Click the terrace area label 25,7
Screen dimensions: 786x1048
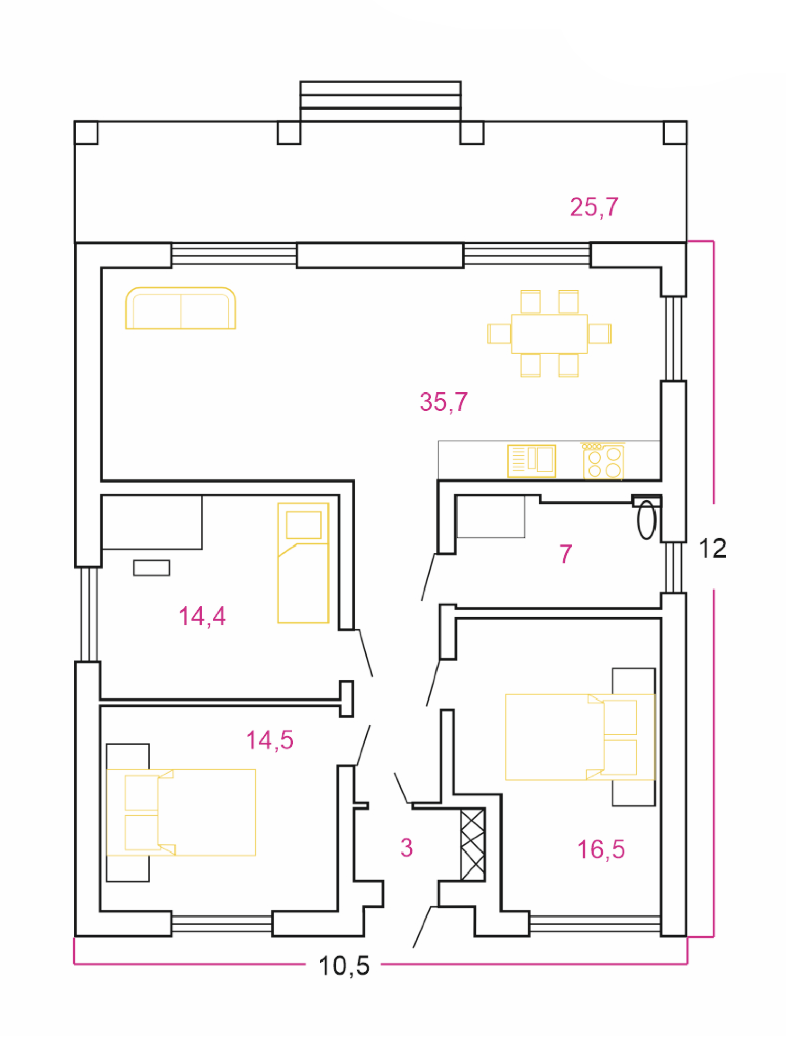pos(594,207)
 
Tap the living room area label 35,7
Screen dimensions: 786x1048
pos(443,402)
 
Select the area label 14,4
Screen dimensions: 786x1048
pos(202,617)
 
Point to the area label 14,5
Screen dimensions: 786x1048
pos(270,740)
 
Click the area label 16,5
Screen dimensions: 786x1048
pos(601,849)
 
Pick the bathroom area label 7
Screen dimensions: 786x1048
pos(565,554)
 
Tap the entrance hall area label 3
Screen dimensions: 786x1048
pos(407,848)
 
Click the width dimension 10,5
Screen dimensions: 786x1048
pos(344,966)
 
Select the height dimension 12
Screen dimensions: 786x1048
pos(712,548)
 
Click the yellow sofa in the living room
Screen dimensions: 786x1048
pos(181,308)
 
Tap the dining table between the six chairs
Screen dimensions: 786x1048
pos(549,334)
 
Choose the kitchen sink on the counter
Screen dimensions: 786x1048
pos(531,461)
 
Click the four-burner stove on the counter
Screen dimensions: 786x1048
pos(603,462)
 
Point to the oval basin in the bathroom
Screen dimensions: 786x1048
pos(646,520)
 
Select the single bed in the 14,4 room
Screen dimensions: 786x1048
pos(303,563)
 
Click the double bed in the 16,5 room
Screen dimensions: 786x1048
pos(580,737)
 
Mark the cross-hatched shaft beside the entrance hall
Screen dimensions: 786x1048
pos(472,844)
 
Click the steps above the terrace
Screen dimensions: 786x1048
pos(381,101)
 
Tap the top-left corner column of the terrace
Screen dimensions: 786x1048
pos(86,133)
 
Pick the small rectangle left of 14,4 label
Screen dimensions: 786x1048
pos(151,568)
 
